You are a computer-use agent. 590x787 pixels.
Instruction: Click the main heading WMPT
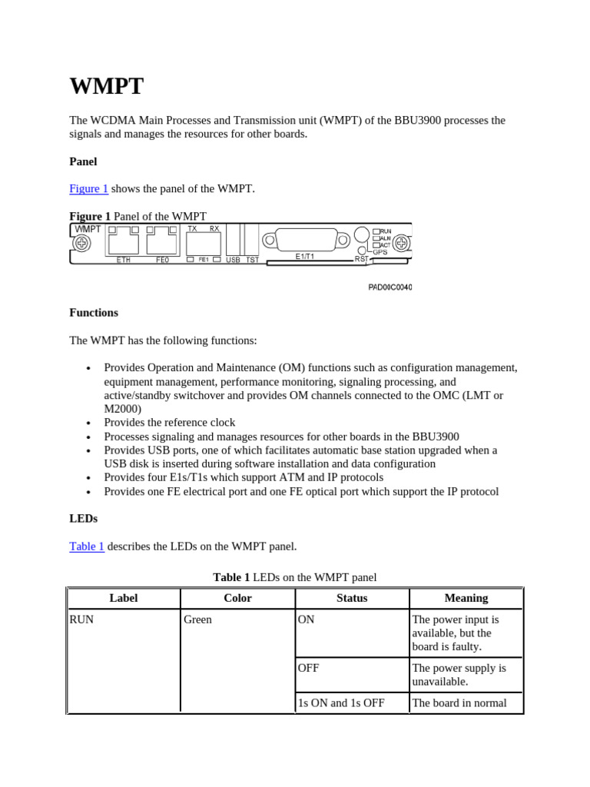(106, 86)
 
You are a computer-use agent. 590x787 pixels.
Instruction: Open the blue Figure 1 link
(88, 189)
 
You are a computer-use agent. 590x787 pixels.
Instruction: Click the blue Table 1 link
(87, 546)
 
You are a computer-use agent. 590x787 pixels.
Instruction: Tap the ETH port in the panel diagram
(124, 243)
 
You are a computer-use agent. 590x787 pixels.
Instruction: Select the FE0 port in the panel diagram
(162, 243)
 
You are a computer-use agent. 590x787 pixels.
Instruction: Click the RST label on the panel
(361, 259)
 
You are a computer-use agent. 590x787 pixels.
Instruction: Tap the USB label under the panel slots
(233, 260)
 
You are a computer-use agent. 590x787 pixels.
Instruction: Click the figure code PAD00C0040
(389, 287)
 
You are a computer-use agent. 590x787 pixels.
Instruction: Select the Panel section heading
(83, 161)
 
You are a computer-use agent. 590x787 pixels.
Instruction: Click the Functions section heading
(94, 313)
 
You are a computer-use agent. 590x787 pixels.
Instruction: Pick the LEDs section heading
(83, 519)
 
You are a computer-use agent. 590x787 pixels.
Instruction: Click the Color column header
(237, 598)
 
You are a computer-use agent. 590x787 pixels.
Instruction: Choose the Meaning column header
(466, 598)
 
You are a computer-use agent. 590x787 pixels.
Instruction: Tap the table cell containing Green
(198, 619)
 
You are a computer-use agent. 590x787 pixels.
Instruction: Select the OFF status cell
(309, 668)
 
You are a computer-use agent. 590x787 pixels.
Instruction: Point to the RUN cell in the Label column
(82, 619)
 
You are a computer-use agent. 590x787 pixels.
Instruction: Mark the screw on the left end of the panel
(81, 244)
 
